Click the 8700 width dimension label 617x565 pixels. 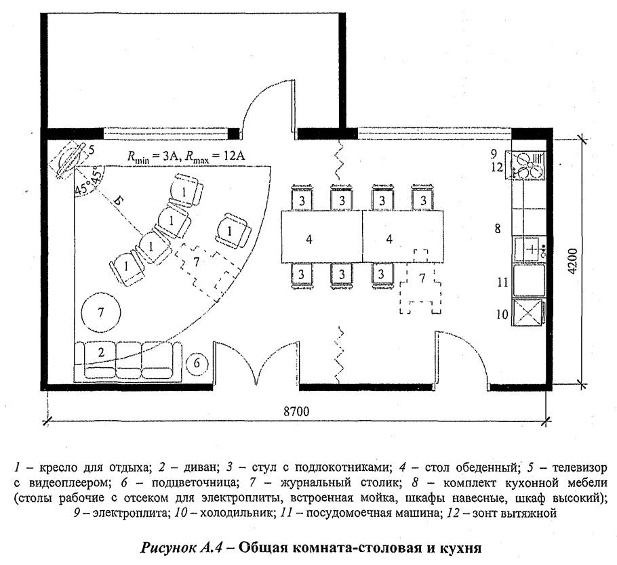pos(296,411)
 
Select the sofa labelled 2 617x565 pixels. pos(127,360)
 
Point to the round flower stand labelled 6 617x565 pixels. pos(197,364)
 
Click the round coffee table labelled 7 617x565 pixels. pos(100,312)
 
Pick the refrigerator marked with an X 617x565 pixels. pos(528,314)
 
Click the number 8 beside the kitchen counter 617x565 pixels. pos(498,229)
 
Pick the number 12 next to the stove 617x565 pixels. pos(498,167)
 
